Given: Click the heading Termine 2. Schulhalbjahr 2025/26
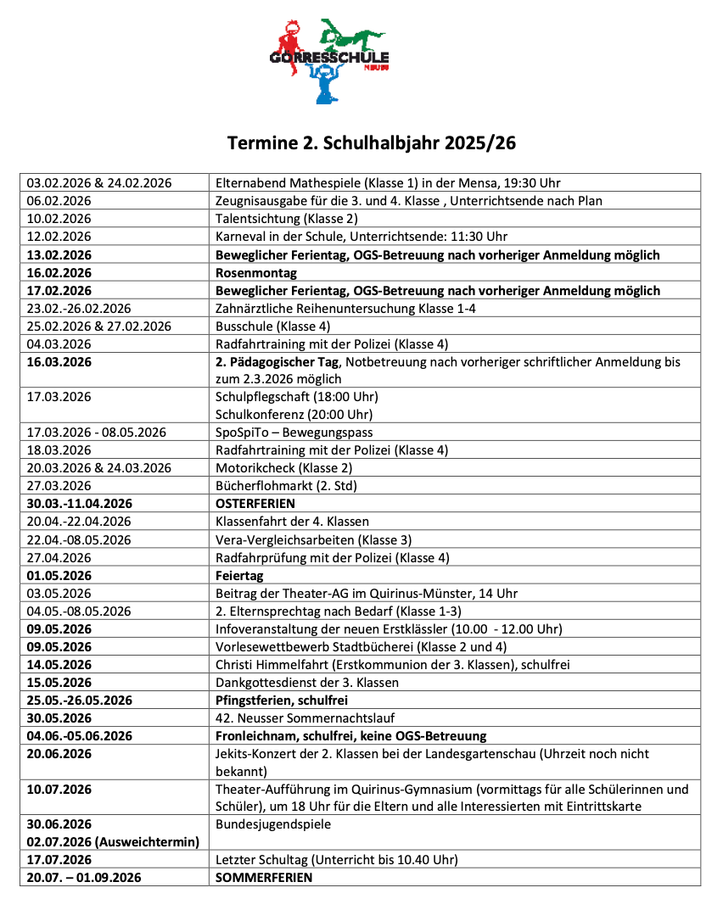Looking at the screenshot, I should [371, 143].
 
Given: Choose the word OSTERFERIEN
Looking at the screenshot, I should [255, 504].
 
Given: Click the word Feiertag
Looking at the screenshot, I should [240, 575].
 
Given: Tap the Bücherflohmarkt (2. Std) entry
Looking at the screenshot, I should [286, 486].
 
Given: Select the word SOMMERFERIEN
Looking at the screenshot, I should [264, 877].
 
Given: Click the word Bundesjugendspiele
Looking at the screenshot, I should [273, 823].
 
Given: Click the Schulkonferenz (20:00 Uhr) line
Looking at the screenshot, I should [294, 415].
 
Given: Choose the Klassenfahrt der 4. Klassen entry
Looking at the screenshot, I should [293, 522].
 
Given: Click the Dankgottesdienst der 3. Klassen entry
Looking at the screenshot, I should [307, 682].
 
